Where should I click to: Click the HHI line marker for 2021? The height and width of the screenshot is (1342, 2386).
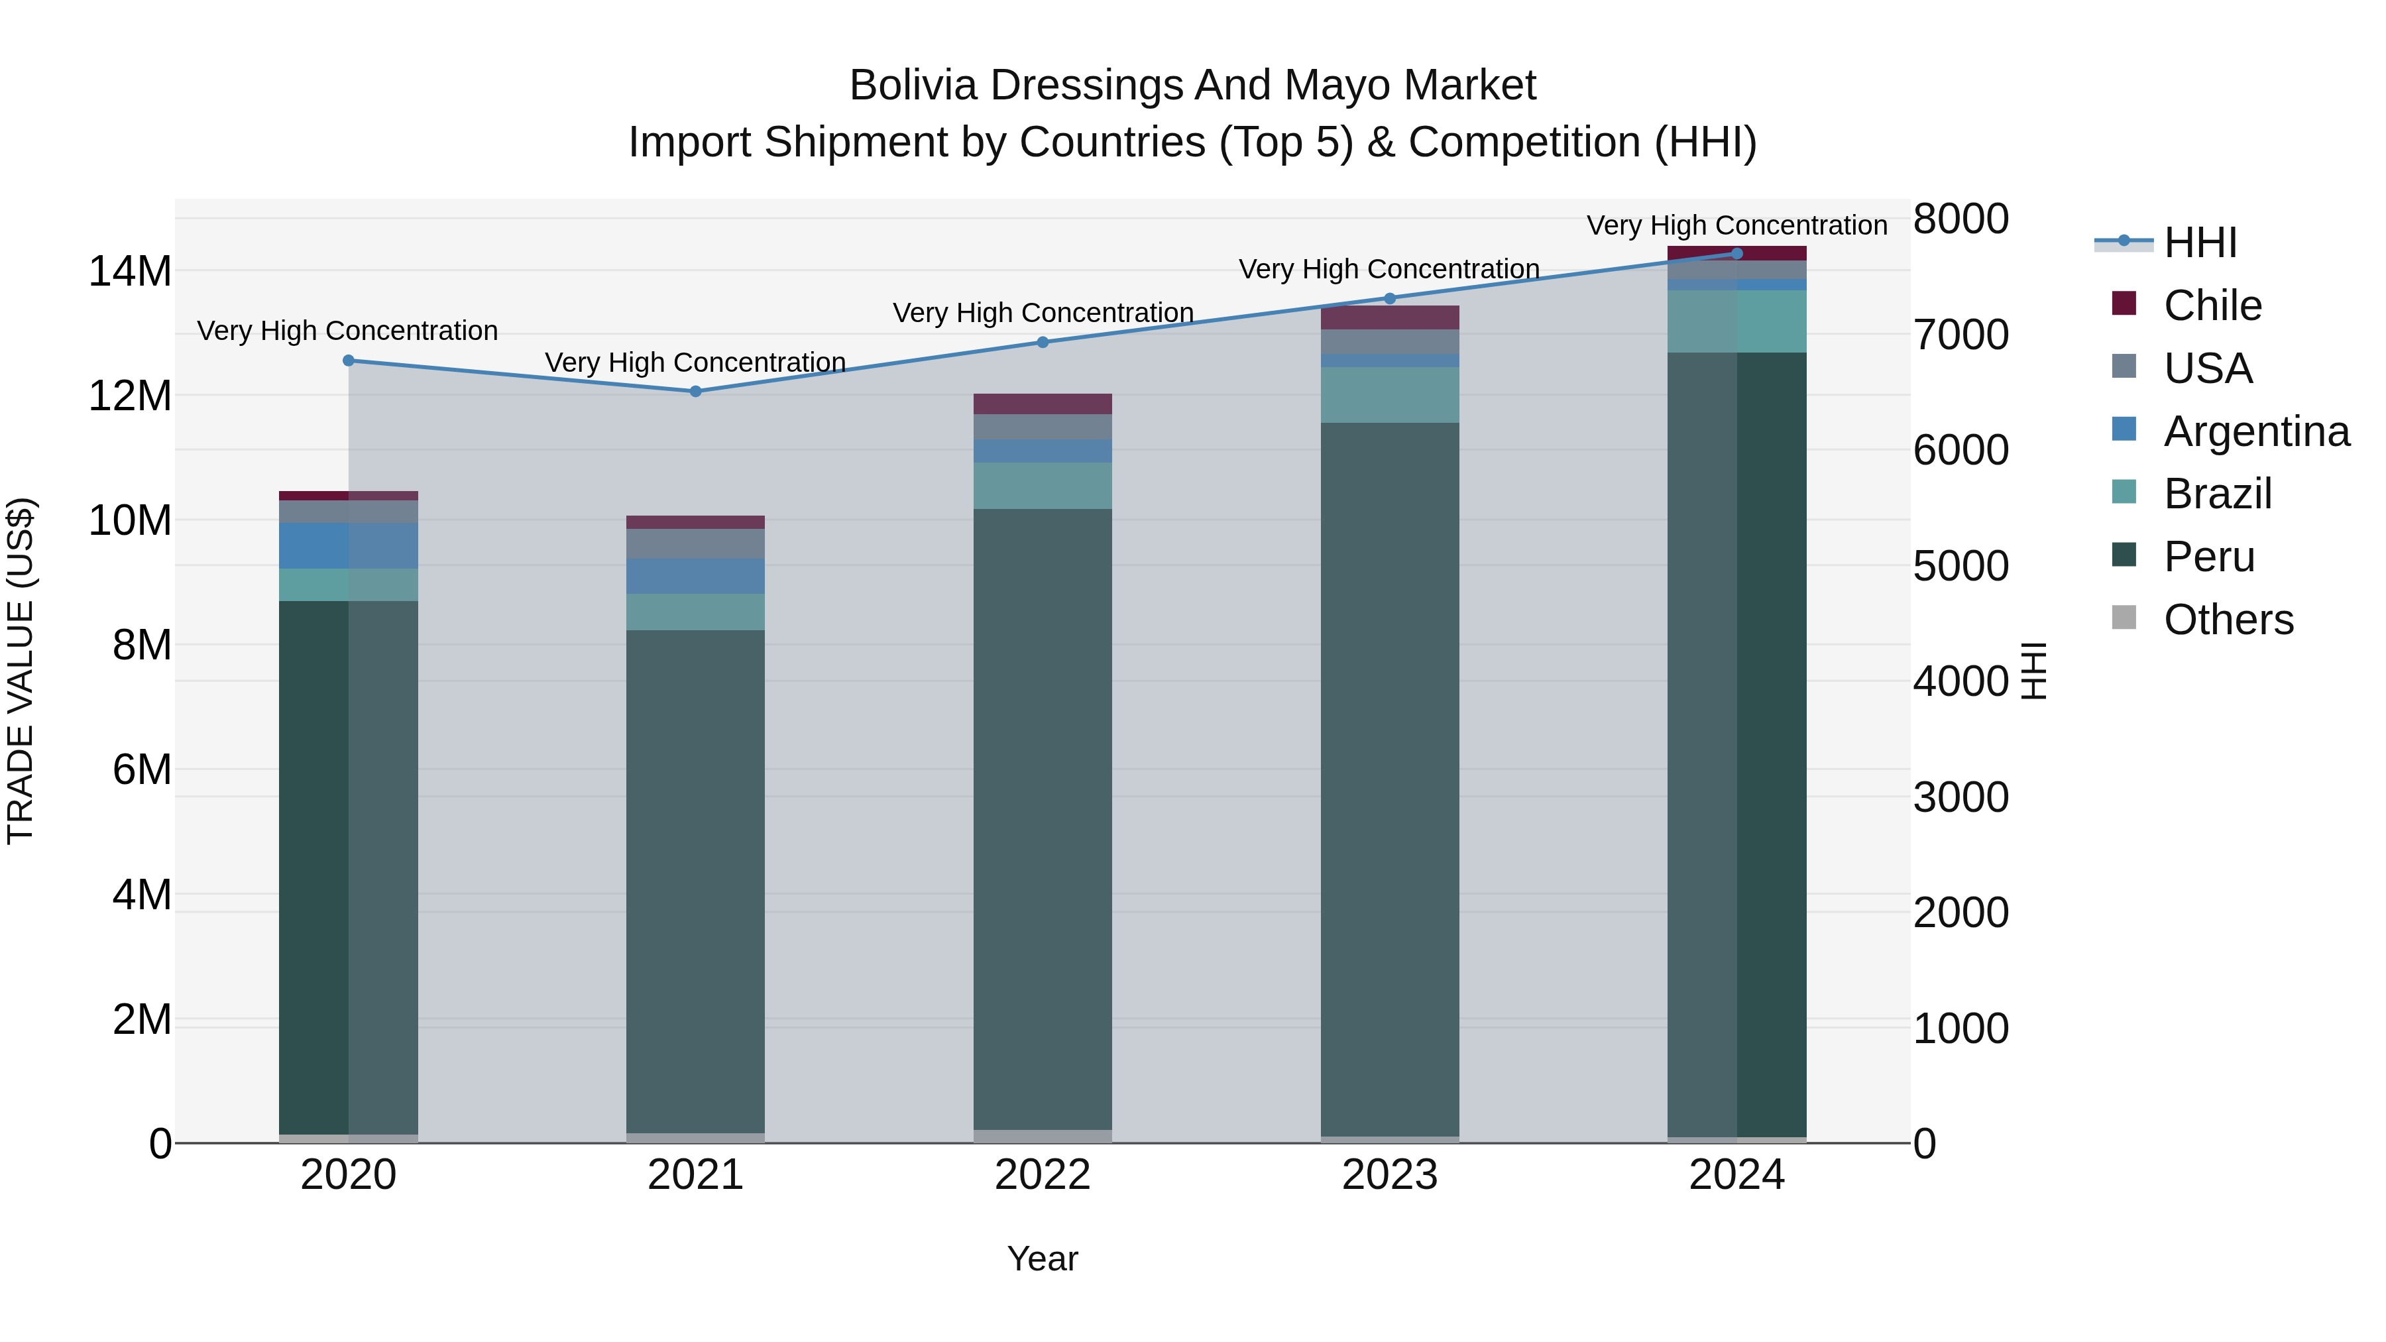[x=696, y=391]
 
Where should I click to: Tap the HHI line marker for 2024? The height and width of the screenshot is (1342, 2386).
[x=1736, y=253]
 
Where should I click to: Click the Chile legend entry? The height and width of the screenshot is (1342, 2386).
[x=2212, y=306]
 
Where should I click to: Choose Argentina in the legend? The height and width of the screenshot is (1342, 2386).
[x=2255, y=431]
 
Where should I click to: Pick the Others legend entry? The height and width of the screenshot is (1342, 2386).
[x=2228, y=620]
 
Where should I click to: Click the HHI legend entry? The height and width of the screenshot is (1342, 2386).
[x=2199, y=243]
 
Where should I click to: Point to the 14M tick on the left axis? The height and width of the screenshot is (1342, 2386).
[x=130, y=271]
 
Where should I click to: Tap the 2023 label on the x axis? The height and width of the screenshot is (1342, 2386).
[x=1389, y=1175]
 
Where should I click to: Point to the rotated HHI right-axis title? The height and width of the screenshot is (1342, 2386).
[x=2033, y=671]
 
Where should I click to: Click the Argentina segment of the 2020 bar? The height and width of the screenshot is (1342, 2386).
[x=348, y=545]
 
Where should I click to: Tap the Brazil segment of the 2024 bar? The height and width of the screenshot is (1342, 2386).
[x=1736, y=321]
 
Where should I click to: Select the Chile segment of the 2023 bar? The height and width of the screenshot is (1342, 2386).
[x=1389, y=317]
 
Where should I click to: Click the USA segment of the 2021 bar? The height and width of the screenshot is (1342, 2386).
[x=696, y=543]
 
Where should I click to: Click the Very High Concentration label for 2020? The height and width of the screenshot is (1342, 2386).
[x=347, y=331]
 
